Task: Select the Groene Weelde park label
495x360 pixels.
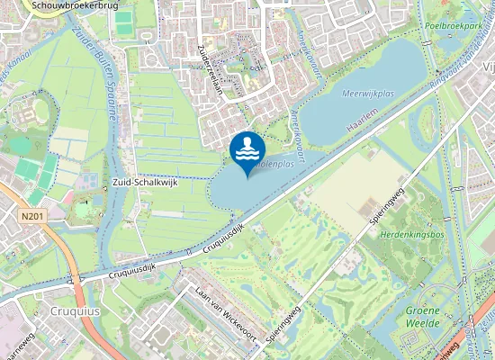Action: (x=422, y=316)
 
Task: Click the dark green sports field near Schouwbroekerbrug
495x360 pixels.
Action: (x=123, y=17)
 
